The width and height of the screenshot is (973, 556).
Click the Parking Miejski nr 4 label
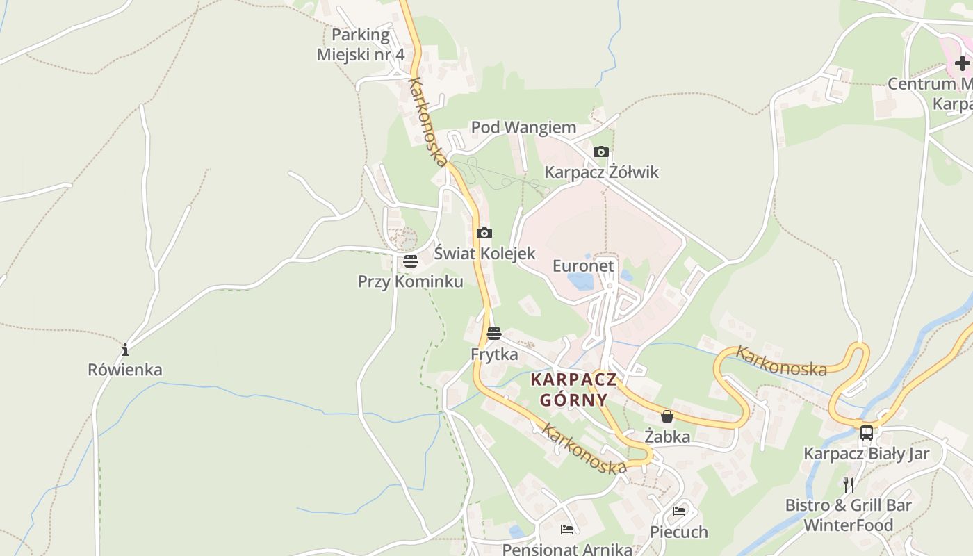pos(360,44)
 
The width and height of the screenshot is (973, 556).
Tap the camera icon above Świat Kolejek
pos(484,234)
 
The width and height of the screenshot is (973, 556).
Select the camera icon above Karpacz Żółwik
pos(601,152)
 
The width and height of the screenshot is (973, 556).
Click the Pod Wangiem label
pos(523,128)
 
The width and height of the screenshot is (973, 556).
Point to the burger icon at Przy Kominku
pos(411,262)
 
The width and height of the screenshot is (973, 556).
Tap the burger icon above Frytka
pos(494,334)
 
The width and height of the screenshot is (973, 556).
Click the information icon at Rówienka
pos(125,350)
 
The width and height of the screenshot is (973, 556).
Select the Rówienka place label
pos(125,370)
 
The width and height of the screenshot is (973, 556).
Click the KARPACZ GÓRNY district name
pos(573,390)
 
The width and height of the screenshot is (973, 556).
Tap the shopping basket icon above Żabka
pos(667,417)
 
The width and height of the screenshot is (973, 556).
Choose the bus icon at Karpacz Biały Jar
pos(866,433)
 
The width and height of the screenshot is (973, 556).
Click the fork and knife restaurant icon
pos(848,484)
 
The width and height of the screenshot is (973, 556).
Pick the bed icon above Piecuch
pos(679,512)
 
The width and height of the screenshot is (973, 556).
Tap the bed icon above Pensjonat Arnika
pos(567,530)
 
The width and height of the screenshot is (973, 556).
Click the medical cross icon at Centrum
pos(962,64)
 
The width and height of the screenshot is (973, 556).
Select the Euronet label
pos(583,266)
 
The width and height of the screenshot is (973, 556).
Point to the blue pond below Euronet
pos(581,281)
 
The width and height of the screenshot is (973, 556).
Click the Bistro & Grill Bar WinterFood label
pos(848,515)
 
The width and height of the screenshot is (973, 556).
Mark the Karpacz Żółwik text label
pos(601,172)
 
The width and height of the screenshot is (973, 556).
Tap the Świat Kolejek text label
pos(484,254)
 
